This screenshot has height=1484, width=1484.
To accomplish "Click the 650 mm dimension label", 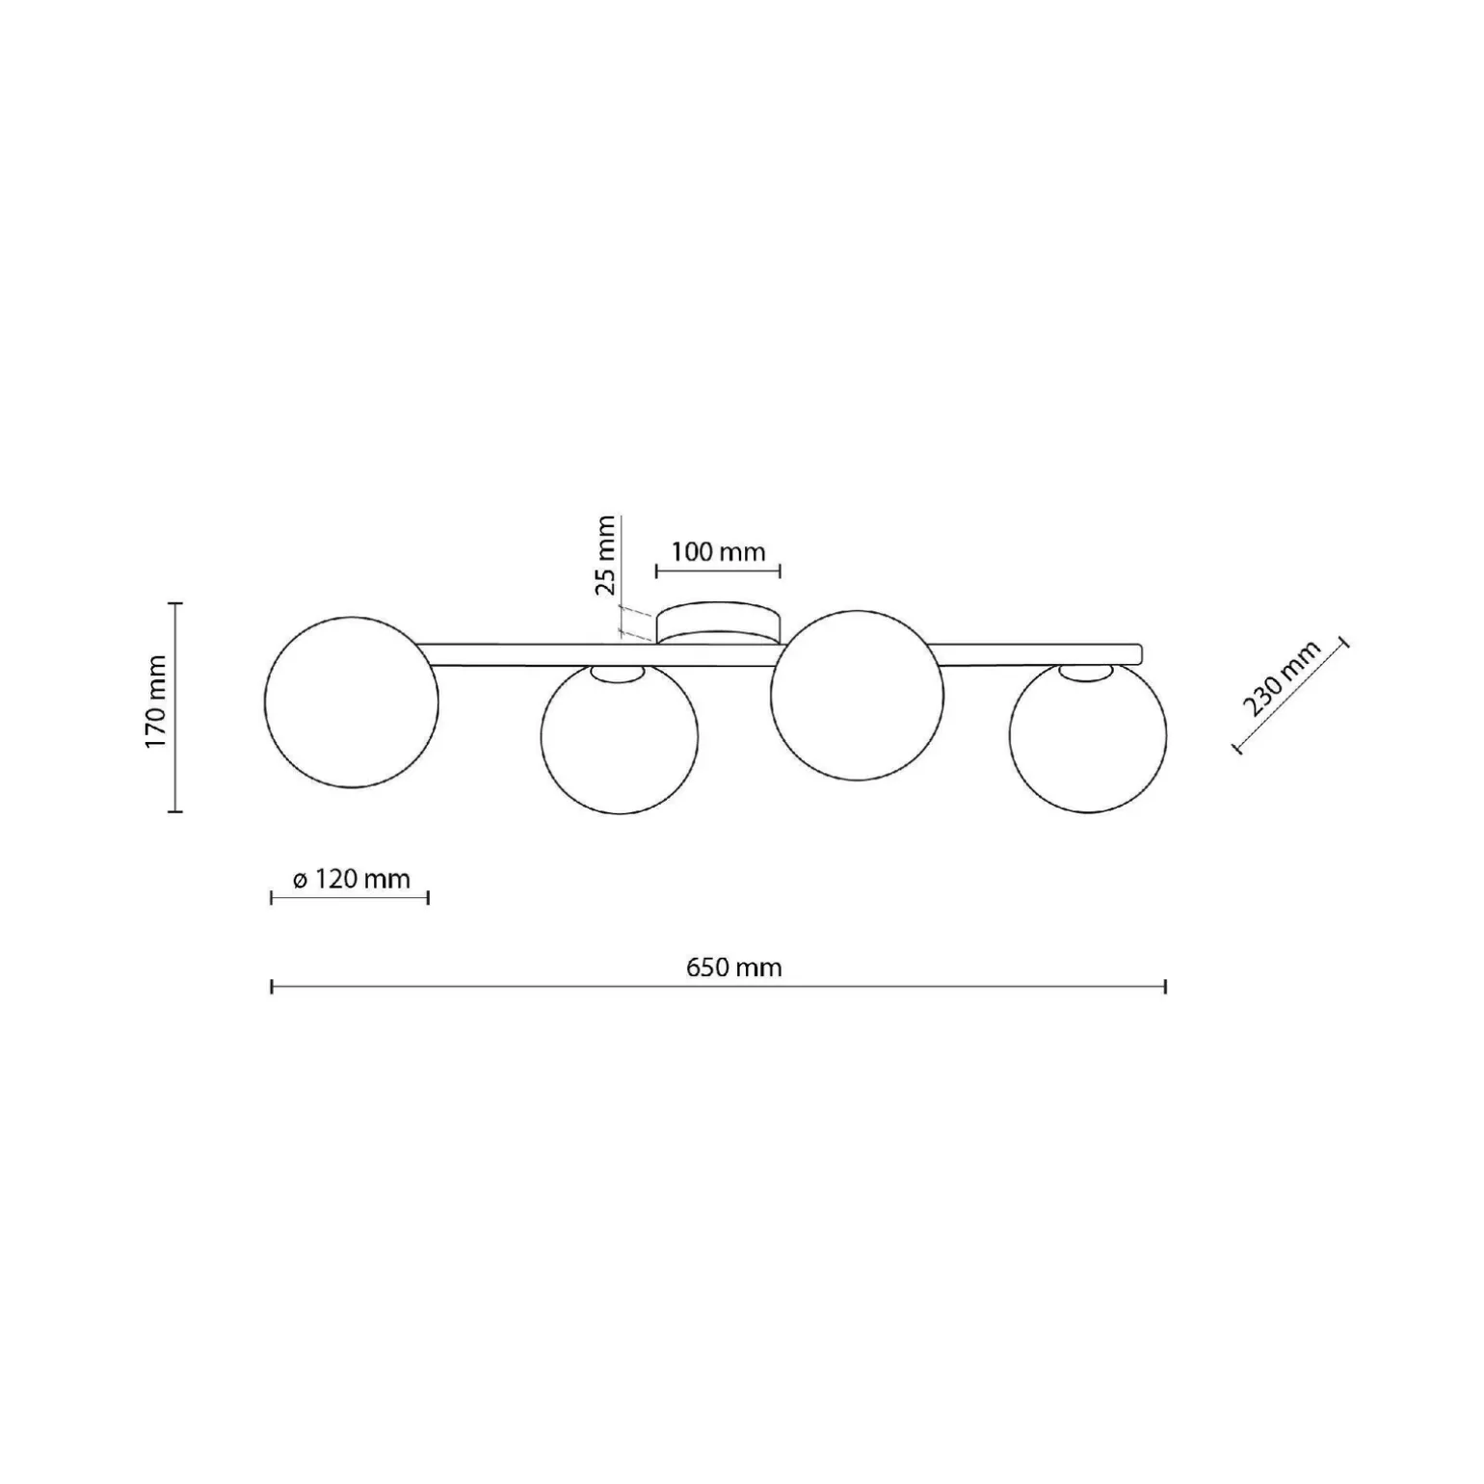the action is (733, 967).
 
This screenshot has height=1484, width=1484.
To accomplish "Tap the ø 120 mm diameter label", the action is (351, 879).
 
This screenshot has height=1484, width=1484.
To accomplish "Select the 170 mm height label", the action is (157, 702).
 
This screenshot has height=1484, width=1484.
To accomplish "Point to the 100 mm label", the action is (718, 551).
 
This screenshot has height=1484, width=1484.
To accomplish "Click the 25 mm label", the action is (604, 555).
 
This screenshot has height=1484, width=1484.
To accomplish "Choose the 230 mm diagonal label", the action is (1282, 679).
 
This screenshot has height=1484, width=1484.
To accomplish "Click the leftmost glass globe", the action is (352, 702).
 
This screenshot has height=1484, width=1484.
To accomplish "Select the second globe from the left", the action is (620, 737).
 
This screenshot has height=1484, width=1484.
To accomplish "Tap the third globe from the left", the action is (857, 694).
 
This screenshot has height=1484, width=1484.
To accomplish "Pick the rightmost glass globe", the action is (1088, 736).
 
